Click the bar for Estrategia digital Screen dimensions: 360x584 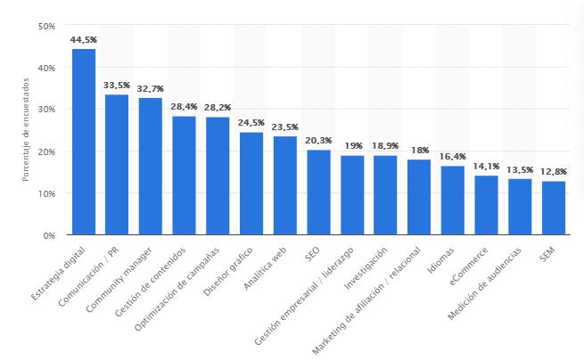point(84,143)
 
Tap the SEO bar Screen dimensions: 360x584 point(318,192)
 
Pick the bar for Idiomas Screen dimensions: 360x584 point(453,200)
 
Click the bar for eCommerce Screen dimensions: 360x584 point(486,206)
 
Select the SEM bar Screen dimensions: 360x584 point(554,209)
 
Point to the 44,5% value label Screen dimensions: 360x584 point(84,39)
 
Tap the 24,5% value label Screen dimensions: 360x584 point(251,123)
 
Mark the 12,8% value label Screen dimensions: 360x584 point(554,172)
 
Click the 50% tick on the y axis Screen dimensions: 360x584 point(47,25)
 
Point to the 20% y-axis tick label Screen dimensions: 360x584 point(47,151)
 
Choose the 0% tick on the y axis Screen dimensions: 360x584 point(50,236)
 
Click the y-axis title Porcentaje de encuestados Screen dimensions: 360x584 point(26,130)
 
